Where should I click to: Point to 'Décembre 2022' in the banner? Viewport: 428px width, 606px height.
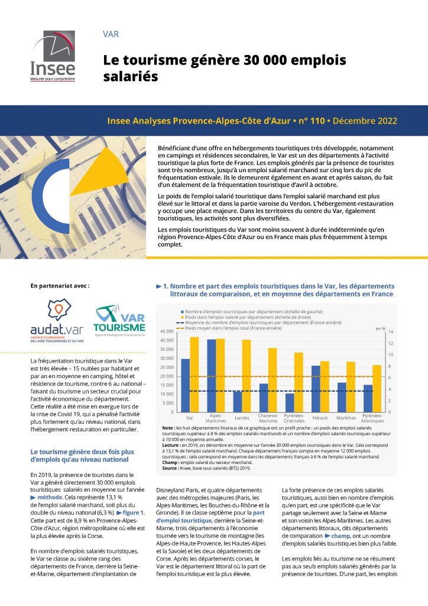pyautogui.click(x=365, y=121)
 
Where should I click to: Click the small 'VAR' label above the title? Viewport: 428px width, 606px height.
pyautogui.click(x=111, y=34)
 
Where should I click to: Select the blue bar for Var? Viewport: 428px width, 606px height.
pyautogui.click(x=186, y=385)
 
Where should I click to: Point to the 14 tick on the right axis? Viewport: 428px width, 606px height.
pyautogui.click(x=390, y=331)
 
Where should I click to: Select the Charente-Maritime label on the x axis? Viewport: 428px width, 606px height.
pyautogui.click(x=268, y=418)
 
